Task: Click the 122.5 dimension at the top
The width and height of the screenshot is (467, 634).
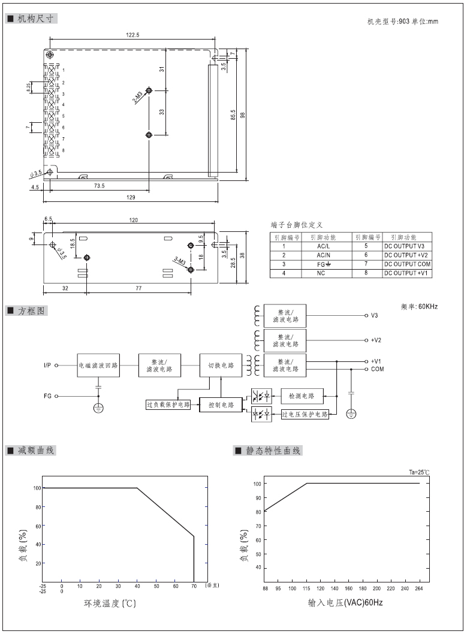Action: tap(132, 35)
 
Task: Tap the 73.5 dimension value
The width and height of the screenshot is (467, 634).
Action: tap(99, 186)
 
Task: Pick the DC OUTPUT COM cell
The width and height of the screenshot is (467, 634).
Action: tap(408, 264)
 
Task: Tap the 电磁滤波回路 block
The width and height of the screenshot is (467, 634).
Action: tap(98, 365)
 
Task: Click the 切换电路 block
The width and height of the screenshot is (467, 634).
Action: tap(221, 365)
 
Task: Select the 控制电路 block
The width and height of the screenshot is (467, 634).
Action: tap(221, 405)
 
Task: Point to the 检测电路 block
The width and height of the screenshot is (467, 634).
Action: tap(302, 396)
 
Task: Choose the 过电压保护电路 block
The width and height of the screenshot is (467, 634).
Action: tap(305, 414)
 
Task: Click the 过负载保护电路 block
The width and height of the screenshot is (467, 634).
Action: tap(168, 404)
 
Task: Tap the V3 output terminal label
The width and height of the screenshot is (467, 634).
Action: tap(374, 315)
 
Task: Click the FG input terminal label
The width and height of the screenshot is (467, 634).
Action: tap(47, 396)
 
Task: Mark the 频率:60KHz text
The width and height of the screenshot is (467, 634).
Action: tap(420, 307)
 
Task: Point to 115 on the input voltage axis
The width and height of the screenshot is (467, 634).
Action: tap(307, 589)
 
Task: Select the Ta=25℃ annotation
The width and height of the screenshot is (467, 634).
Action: tap(419, 473)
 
